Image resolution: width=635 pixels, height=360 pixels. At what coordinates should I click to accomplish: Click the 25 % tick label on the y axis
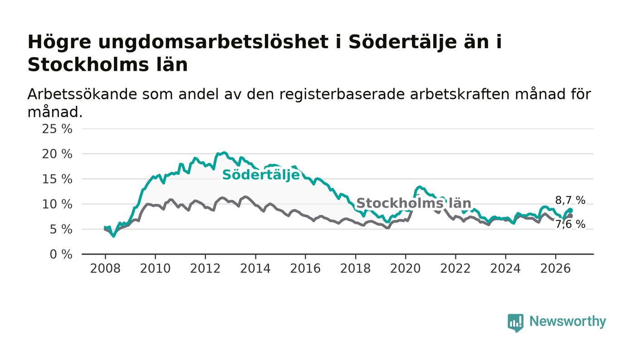[57, 129]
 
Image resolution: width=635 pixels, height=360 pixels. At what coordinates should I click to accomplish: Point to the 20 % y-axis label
[57, 154]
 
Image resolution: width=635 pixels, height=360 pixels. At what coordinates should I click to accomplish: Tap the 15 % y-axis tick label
[57, 179]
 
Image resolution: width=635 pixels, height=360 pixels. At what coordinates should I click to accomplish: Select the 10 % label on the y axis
[57, 204]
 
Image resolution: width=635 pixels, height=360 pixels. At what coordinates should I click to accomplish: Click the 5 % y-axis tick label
[61, 229]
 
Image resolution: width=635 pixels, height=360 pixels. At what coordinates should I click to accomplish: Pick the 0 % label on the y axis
[61, 254]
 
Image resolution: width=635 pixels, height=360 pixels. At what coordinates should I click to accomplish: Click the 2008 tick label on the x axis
[105, 268]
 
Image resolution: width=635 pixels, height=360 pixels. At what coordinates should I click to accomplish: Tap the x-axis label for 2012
[205, 268]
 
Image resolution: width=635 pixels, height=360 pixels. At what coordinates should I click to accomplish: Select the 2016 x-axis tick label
[305, 268]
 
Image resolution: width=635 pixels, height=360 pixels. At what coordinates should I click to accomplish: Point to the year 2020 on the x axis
[405, 268]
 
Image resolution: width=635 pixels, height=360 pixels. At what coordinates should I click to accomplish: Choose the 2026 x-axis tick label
[555, 268]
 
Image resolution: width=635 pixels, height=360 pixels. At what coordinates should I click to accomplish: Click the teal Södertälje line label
[261, 175]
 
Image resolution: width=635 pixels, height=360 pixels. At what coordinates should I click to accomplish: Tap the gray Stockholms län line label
[414, 203]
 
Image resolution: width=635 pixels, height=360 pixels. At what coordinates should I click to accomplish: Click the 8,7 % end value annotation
[570, 200]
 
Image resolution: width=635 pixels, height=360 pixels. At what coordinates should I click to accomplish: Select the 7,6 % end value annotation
[570, 224]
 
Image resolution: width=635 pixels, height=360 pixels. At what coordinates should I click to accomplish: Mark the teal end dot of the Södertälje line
[571, 210]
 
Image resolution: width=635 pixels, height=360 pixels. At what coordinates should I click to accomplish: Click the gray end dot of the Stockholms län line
[571, 216]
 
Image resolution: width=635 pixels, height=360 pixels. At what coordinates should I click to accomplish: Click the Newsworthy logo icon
[515, 323]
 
